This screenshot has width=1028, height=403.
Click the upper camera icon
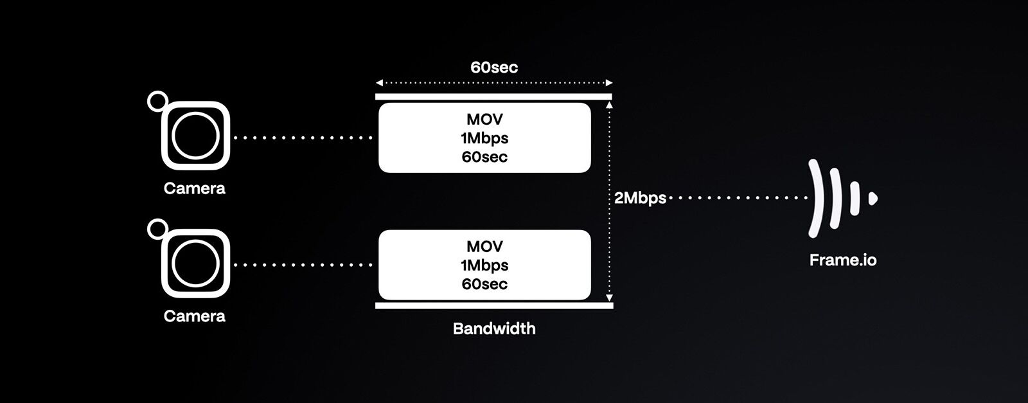coord(195,136)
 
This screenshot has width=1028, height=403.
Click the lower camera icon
coord(195,264)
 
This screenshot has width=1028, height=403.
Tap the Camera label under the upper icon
coord(195,188)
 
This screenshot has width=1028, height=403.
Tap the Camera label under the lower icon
coord(195,316)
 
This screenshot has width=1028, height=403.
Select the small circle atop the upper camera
coord(156,101)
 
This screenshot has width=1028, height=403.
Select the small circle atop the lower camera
coord(156,228)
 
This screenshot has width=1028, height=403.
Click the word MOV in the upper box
coord(484,120)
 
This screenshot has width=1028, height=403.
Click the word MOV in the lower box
coord(484,247)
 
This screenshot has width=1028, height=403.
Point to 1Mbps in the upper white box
coord(484,138)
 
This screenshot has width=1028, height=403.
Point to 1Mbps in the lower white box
coord(484,265)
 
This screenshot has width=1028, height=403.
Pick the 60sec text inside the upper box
coord(484,157)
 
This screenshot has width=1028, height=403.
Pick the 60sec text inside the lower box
coord(484,284)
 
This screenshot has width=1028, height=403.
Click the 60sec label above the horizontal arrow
coord(493,67)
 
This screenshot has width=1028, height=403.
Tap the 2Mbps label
coord(640,198)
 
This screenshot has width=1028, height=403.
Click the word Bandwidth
coord(493,328)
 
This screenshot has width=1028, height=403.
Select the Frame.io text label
coord(842,260)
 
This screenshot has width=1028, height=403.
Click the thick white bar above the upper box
coord(493,96)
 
